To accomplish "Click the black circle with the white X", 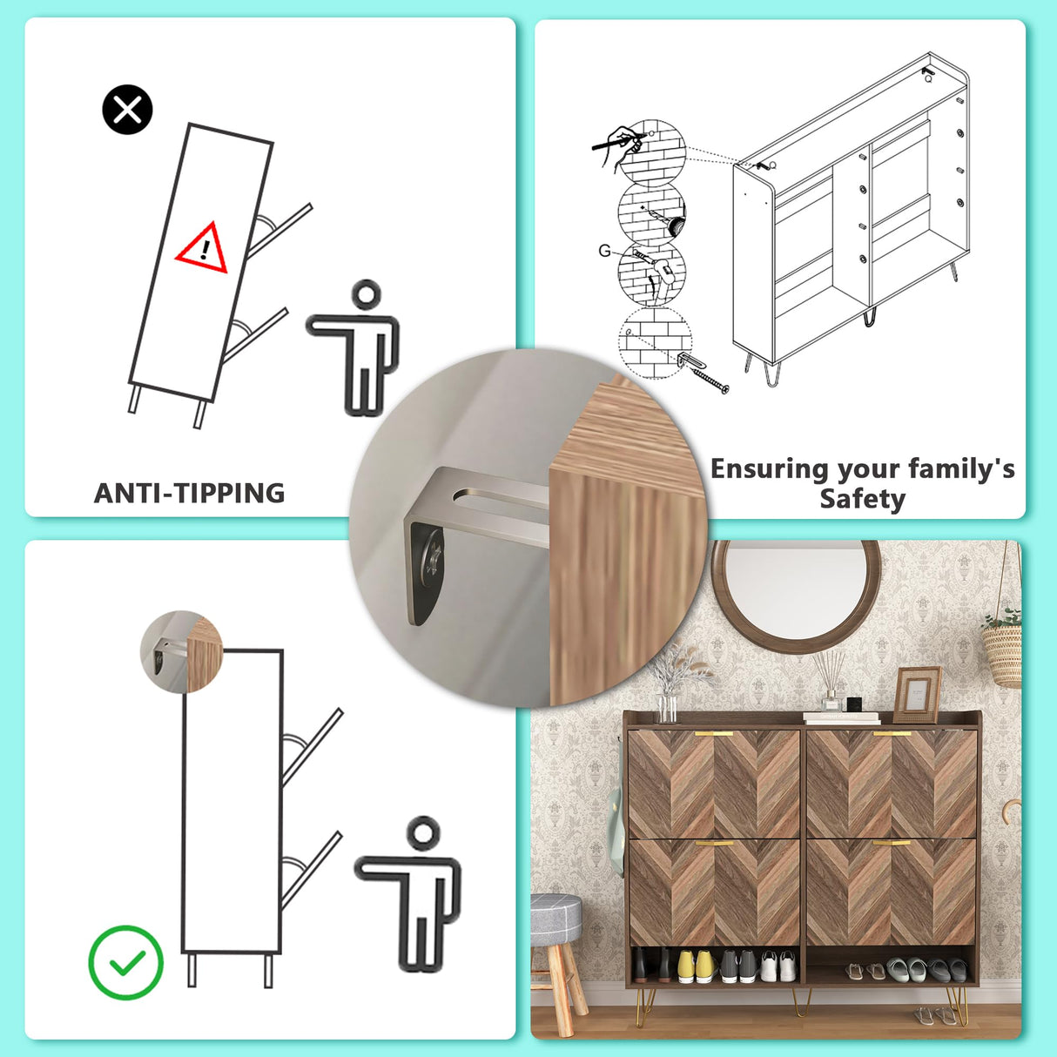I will pos(127,110).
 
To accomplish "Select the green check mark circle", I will pos(126,962).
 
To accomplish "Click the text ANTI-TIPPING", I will pos(189,493).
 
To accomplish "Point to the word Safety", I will pos(862,499).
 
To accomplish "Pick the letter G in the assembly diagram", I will pos(604,251).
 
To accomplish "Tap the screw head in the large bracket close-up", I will pos(431,558).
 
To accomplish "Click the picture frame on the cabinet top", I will pos(917,694).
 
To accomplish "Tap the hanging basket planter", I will pos(1003,650).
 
